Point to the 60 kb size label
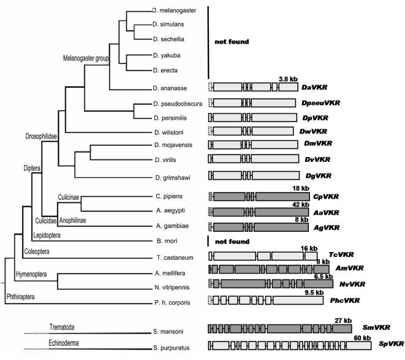[x=363, y=338]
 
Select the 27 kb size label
[x=343, y=320]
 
